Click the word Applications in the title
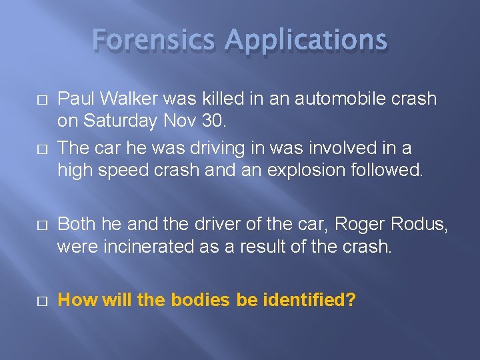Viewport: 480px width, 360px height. pos(306,40)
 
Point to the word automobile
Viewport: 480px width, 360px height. pos(311,99)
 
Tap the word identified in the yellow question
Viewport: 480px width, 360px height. pos(309,300)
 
